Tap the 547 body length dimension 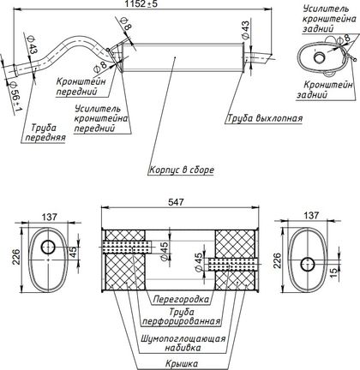(176, 202)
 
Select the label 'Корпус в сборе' (182, 170)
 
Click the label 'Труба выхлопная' (265, 118)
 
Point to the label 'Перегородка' (181, 300)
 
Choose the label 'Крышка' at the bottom (182, 364)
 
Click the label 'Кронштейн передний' (81, 87)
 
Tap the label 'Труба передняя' (45, 133)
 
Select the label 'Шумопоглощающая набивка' (183, 343)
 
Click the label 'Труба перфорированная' (182, 317)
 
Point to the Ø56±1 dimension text (15, 98)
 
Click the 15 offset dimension (333, 272)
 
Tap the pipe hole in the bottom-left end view (48, 247)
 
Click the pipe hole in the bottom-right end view (308, 264)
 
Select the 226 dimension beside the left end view (17, 257)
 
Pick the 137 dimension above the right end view (311, 215)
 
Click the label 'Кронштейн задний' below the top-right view (325, 90)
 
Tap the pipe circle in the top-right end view (319, 57)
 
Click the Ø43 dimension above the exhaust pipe (245, 30)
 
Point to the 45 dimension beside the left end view (73, 252)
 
